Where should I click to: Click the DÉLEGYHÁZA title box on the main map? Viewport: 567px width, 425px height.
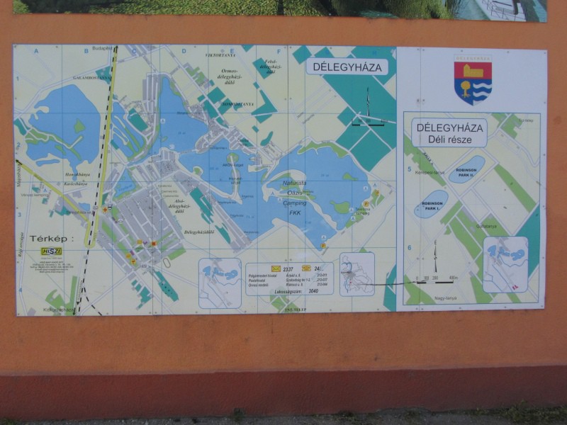347,67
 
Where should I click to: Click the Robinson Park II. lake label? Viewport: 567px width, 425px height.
467,171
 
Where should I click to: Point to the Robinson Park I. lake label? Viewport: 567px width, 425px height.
432,204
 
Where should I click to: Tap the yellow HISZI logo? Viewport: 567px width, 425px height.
50,251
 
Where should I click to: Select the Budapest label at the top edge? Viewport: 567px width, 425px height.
101,48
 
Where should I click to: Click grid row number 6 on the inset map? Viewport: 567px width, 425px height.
409,248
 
